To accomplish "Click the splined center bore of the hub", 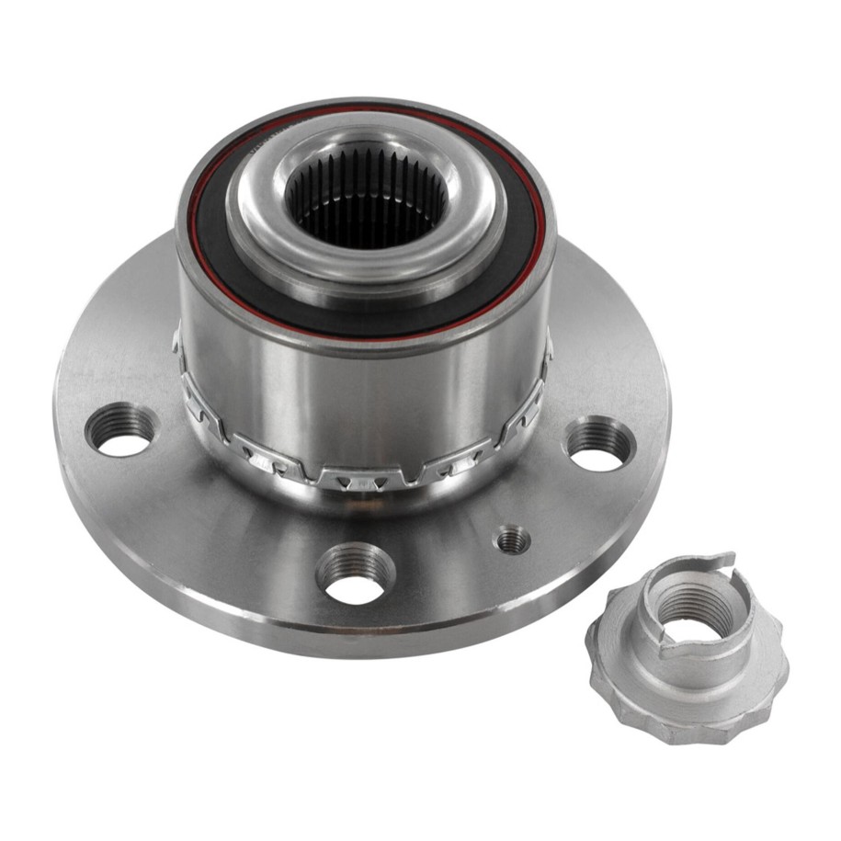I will [x=366, y=197].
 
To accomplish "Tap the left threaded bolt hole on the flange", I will [x=120, y=429].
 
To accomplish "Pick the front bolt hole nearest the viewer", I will [x=355, y=574].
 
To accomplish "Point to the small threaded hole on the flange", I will [x=513, y=540].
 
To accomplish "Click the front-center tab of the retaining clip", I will [x=363, y=478].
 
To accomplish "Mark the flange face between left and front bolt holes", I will [x=221, y=524].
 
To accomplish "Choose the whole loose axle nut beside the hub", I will [x=684, y=648].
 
